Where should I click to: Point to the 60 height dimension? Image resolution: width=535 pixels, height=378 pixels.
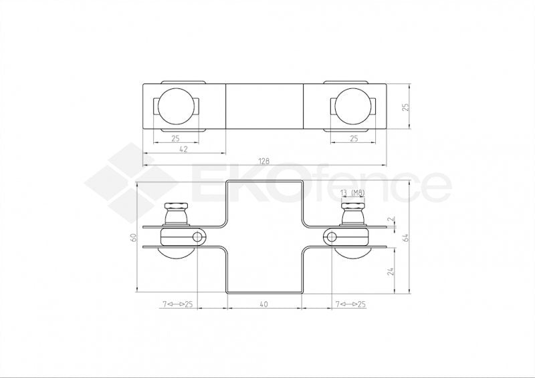click(x=133, y=237)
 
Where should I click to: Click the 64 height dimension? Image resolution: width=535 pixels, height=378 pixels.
click(x=405, y=237)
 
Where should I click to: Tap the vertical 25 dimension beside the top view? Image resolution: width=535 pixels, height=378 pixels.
click(x=405, y=106)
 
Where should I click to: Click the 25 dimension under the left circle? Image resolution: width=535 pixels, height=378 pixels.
click(x=175, y=139)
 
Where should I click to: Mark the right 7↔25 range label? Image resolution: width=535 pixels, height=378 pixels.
click(x=352, y=305)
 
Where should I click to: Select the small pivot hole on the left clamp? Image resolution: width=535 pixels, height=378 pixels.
click(x=199, y=237)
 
